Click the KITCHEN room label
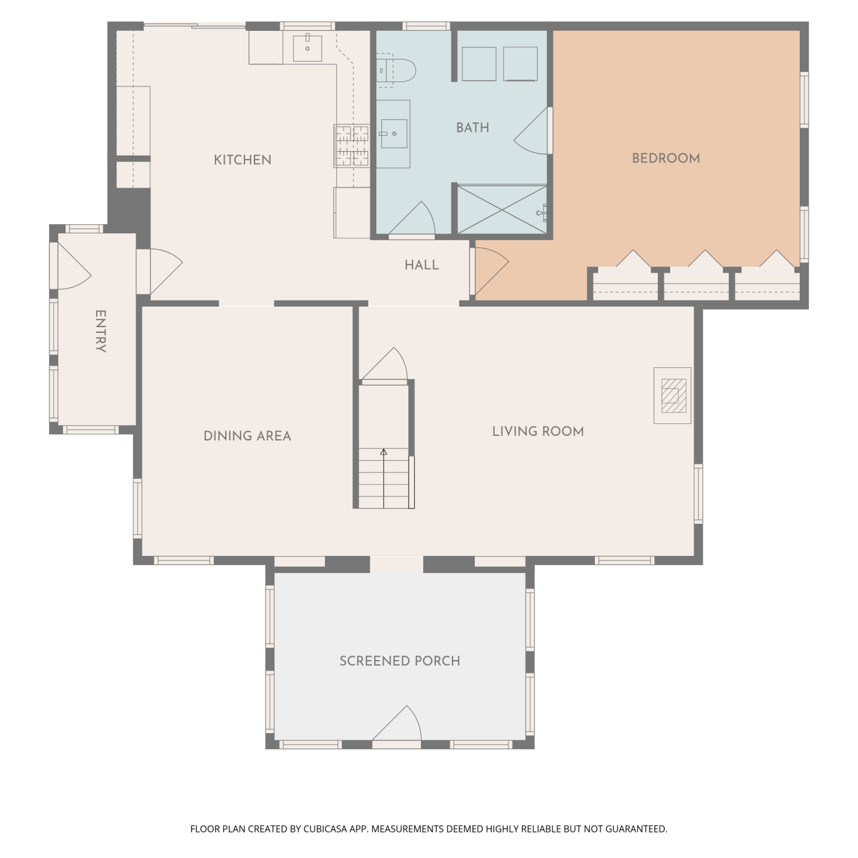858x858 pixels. tap(243, 160)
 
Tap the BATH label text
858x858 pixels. tap(472, 128)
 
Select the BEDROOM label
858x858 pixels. tap(666, 158)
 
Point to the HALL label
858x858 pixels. tap(422, 265)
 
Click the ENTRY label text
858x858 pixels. tap(100, 331)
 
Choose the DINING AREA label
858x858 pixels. tap(247, 436)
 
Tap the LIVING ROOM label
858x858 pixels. tap(538, 431)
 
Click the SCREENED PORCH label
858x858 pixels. tap(400, 661)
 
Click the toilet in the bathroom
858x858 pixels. tap(396, 70)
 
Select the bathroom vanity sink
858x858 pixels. tap(394, 134)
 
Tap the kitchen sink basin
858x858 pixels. tap(308, 47)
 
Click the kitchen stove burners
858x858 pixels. tap(352, 146)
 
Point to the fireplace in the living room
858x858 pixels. tap(673, 396)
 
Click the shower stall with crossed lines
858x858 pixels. tap(502, 209)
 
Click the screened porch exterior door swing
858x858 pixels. tap(398, 723)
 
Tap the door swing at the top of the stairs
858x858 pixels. tap(384, 363)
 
